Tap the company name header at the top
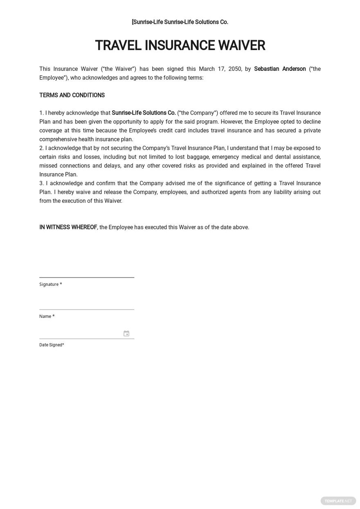point(180,22)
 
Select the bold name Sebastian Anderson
point(280,69)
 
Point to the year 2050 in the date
point(235,69)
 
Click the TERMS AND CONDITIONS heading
point(72,95)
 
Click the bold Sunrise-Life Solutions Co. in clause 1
point(144,113)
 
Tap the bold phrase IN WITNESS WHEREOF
point(68,227)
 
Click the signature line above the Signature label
point(87,277)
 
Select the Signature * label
point(50,284)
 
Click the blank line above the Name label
point(87,309)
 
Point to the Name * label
point(47,316)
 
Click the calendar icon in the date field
point(126,334)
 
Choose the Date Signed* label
point(52,345)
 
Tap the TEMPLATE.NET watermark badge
point(338,501)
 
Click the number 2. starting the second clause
point(41,148)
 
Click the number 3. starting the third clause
point(41,183)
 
